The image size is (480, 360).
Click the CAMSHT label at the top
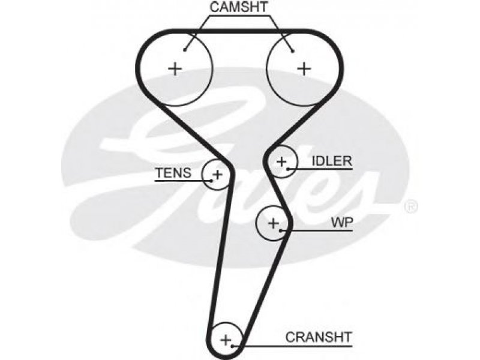click(238, 7)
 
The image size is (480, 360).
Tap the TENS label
click(173, 173)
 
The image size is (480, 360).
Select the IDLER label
click(332, 161)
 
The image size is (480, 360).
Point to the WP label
click(342, 222)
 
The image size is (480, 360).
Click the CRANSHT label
click(319, 337)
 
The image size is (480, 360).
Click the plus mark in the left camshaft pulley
click(175, 68)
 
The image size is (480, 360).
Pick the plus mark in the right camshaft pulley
click(304, 68)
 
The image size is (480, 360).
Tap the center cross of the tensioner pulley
click(218, 175)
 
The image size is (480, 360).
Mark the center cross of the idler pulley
click(281, 161)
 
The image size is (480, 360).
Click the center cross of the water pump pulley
click(274, 223)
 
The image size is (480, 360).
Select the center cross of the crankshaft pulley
click(226, 340)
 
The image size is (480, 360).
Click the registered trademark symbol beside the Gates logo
click(411, 207)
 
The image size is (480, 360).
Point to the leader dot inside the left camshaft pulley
click(185, 50)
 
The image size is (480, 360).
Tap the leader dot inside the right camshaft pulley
click(293, 51)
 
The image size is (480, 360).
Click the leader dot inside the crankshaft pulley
click(233, 347)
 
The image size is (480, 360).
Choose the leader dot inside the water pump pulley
click(280, 230)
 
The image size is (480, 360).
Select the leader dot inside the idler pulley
click(288, 169)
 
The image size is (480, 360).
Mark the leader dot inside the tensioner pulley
click(212, 181)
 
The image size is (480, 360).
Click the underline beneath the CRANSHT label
click(292, 347)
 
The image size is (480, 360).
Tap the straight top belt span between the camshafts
click(240, 31)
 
